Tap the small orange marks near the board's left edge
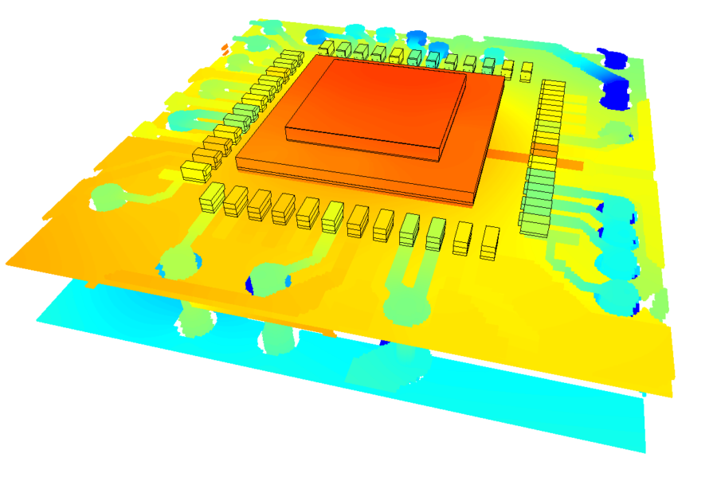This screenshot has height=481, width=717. click(x=225, y=50)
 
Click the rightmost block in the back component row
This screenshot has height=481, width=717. click(x=526, y=71)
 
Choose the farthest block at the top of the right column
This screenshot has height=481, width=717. click(x=554, y=84)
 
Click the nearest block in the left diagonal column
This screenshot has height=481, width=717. click(x=193, y=170)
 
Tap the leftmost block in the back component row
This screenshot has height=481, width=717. click(x=327, y=49)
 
